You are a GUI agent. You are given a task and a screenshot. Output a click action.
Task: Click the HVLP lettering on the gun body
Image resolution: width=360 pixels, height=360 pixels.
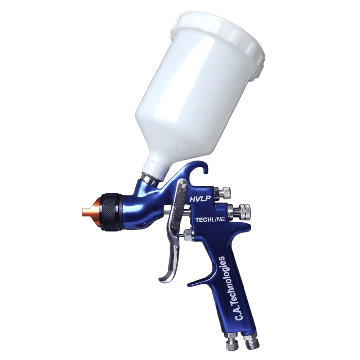pos(200,199)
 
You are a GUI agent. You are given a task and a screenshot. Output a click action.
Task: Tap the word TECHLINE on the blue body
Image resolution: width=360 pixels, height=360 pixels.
pos(210,220)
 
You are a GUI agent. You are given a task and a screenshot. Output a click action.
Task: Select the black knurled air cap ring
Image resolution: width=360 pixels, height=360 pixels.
pos(112,212)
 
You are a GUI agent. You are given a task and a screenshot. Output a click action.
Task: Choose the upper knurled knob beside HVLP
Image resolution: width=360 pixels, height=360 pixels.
pos(225,192)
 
